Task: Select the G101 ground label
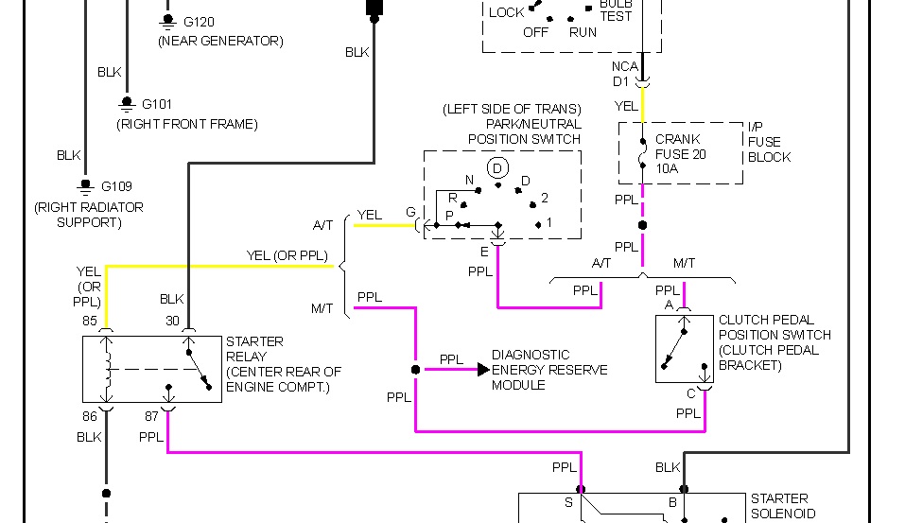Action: pos(157,104)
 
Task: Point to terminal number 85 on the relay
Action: pos(90,321)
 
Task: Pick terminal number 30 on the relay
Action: pos(172,321)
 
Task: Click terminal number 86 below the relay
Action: pos(89,415)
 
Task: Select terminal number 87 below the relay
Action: pos(151,415)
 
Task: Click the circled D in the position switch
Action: pos(496,168)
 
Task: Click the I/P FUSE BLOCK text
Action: pos(769,142)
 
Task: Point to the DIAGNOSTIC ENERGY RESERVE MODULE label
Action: pos(549,370)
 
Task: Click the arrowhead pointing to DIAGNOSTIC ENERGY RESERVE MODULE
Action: pos(483,369)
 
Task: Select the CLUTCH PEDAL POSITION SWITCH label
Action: pos(774,342)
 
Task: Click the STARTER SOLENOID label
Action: pos(779,506)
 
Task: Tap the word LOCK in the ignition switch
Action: pos(506,12)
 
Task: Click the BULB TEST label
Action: pos(616,9)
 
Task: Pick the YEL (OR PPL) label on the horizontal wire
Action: pos(286,255)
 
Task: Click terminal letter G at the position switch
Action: pos(410,213)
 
